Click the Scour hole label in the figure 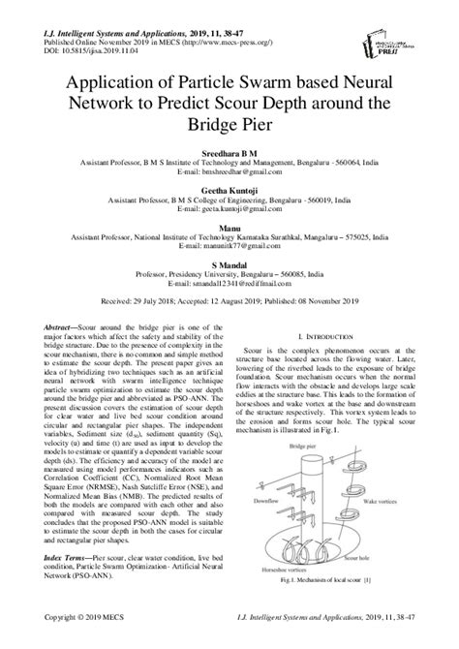(x=385, y=560)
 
